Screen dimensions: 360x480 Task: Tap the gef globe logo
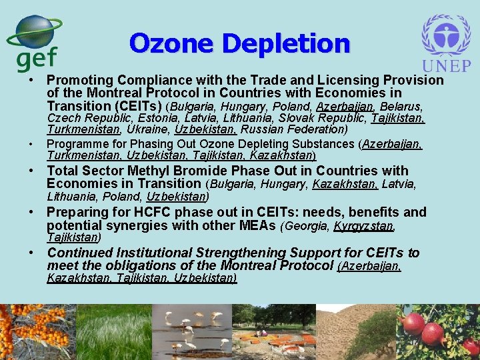[x=36, y=41]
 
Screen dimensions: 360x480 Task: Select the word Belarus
[x=401, y=107]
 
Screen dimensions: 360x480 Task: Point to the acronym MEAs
[x=257, y=225]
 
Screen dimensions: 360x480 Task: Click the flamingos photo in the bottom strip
[x=192, y=332]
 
